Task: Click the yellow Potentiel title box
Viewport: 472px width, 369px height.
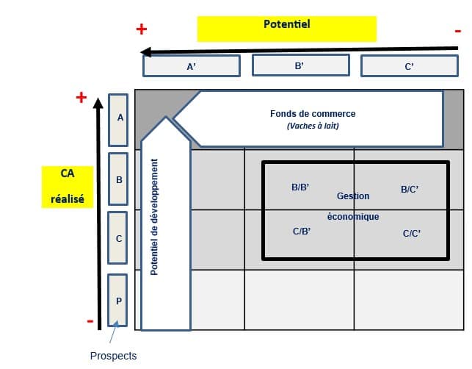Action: coord(286,28)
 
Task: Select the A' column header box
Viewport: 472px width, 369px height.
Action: coord(191,66)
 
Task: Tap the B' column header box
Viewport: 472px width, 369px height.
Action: coord(299,65)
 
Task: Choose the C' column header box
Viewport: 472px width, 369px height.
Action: coord(410,66)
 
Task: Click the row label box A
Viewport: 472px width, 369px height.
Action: coord(119,118)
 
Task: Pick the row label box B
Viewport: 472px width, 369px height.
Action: coord(119,179)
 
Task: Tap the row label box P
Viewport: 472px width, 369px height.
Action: coord(119,300)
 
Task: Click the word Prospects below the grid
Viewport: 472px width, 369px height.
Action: coord(113,356)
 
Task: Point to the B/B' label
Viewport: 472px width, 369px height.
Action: coord(300,187)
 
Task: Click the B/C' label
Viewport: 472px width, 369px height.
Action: coord(410,190)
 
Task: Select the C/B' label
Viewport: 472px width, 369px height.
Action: coord(302,232)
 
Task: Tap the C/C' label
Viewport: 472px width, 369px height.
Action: coord(412,234)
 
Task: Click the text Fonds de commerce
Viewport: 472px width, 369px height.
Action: coord(313,114)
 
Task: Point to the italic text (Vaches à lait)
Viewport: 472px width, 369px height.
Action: coord(313,126)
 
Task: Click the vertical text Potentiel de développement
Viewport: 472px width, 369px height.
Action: coord(155,217)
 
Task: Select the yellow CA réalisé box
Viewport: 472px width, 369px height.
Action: coord(67,186)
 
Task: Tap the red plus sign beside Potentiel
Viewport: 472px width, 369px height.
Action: coord(142,29)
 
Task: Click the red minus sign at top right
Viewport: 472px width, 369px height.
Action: coord(458,30)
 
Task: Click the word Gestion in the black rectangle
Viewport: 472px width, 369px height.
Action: coord(353,196)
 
